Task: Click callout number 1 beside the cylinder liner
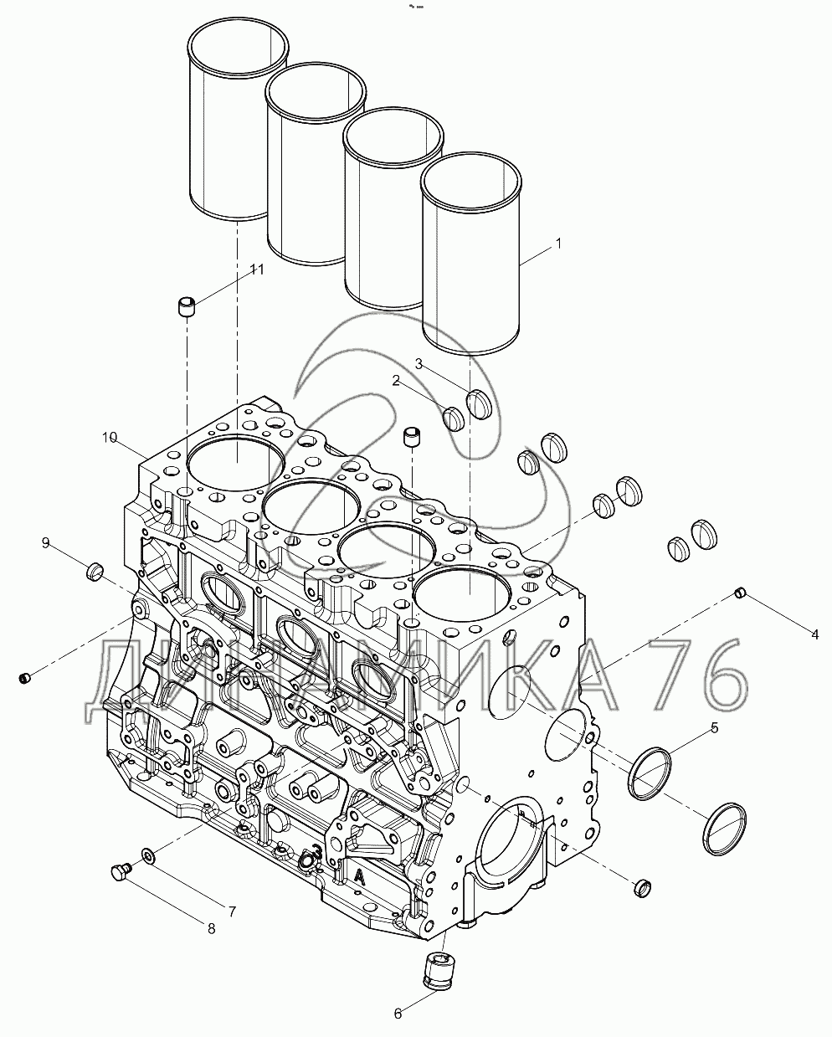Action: [x=558, y=244]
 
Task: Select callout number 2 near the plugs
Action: [x=397, y=381]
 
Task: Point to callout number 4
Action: [x=815, y=634]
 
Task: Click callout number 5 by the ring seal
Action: [x=714, y=728]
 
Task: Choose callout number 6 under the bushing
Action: [x=398, y=1014]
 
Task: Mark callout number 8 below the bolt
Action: [x=211, y=927]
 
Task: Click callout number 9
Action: [x=46, y=543]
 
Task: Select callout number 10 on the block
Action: [x=109, y=437]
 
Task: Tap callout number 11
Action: [x=256, y=269]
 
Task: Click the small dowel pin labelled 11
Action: [x=187, y=305]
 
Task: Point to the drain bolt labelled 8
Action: [x=119, y=872]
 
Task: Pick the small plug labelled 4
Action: [x=739, y=593]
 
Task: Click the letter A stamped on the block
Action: [x=359, y=876]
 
